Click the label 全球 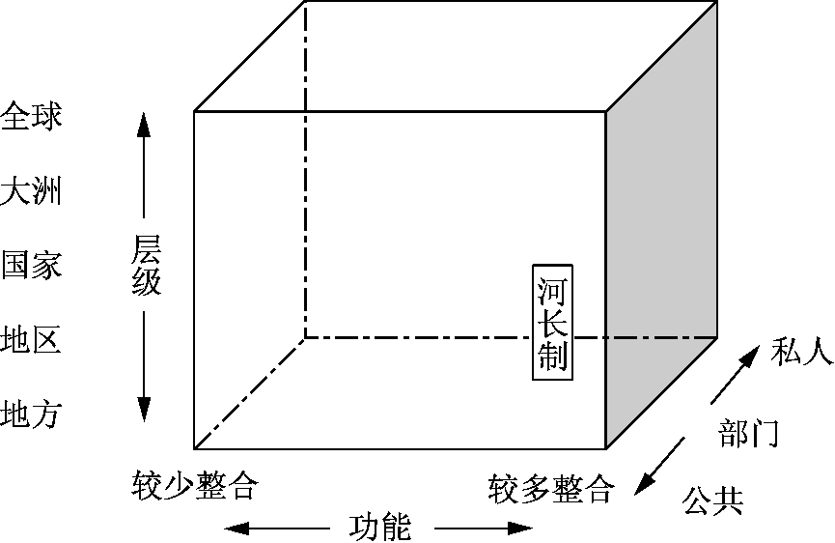(31, 117)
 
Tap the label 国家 (31, 265)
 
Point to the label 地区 (31, 340)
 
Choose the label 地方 (31, 414)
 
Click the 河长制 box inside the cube (551, 321)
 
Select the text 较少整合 (196, 485)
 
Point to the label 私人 (801, 354)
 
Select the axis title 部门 (749, 434)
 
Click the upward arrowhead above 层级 (143, 124)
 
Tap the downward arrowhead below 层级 (143, 410)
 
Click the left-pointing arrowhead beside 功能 (236, 529)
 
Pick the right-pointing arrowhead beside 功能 (521, 529)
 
